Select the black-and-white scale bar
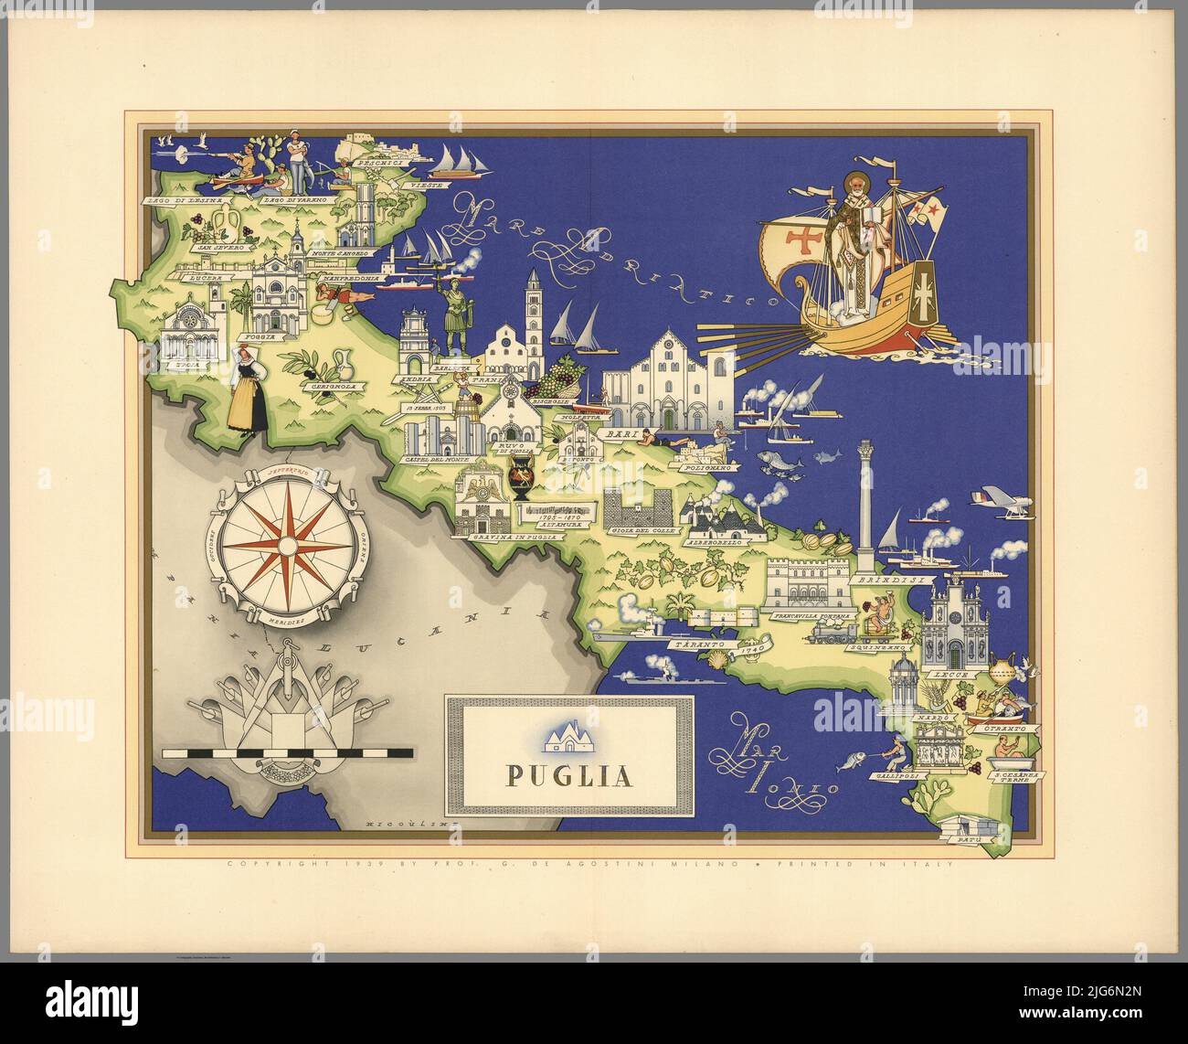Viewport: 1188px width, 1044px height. click(287, 755)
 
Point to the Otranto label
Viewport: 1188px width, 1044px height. click(1012, 729)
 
